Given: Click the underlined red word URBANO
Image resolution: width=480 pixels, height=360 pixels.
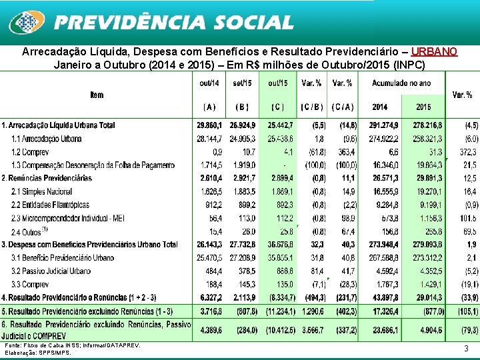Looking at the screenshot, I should tap(434, 51).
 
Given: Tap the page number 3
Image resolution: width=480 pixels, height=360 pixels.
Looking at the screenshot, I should tap(465, 348).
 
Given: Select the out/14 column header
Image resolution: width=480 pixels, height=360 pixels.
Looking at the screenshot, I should tap(209, 83).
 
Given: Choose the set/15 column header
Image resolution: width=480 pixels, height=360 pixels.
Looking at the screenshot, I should tap(243, 83).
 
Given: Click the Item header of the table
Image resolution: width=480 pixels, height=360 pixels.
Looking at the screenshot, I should tap(97, 95).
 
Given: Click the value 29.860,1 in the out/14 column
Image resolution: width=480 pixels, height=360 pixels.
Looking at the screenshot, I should tap(210, 125).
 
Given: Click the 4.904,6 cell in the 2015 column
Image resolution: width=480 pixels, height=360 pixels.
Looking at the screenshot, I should tap(424, 329).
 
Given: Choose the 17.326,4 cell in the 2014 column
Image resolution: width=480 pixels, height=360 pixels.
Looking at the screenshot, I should tap(381, 311).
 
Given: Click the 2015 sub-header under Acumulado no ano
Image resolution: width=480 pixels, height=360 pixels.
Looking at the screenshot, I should tap(423, 107).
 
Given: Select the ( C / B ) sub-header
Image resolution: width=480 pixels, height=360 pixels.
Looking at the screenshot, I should tap(312, 107).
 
